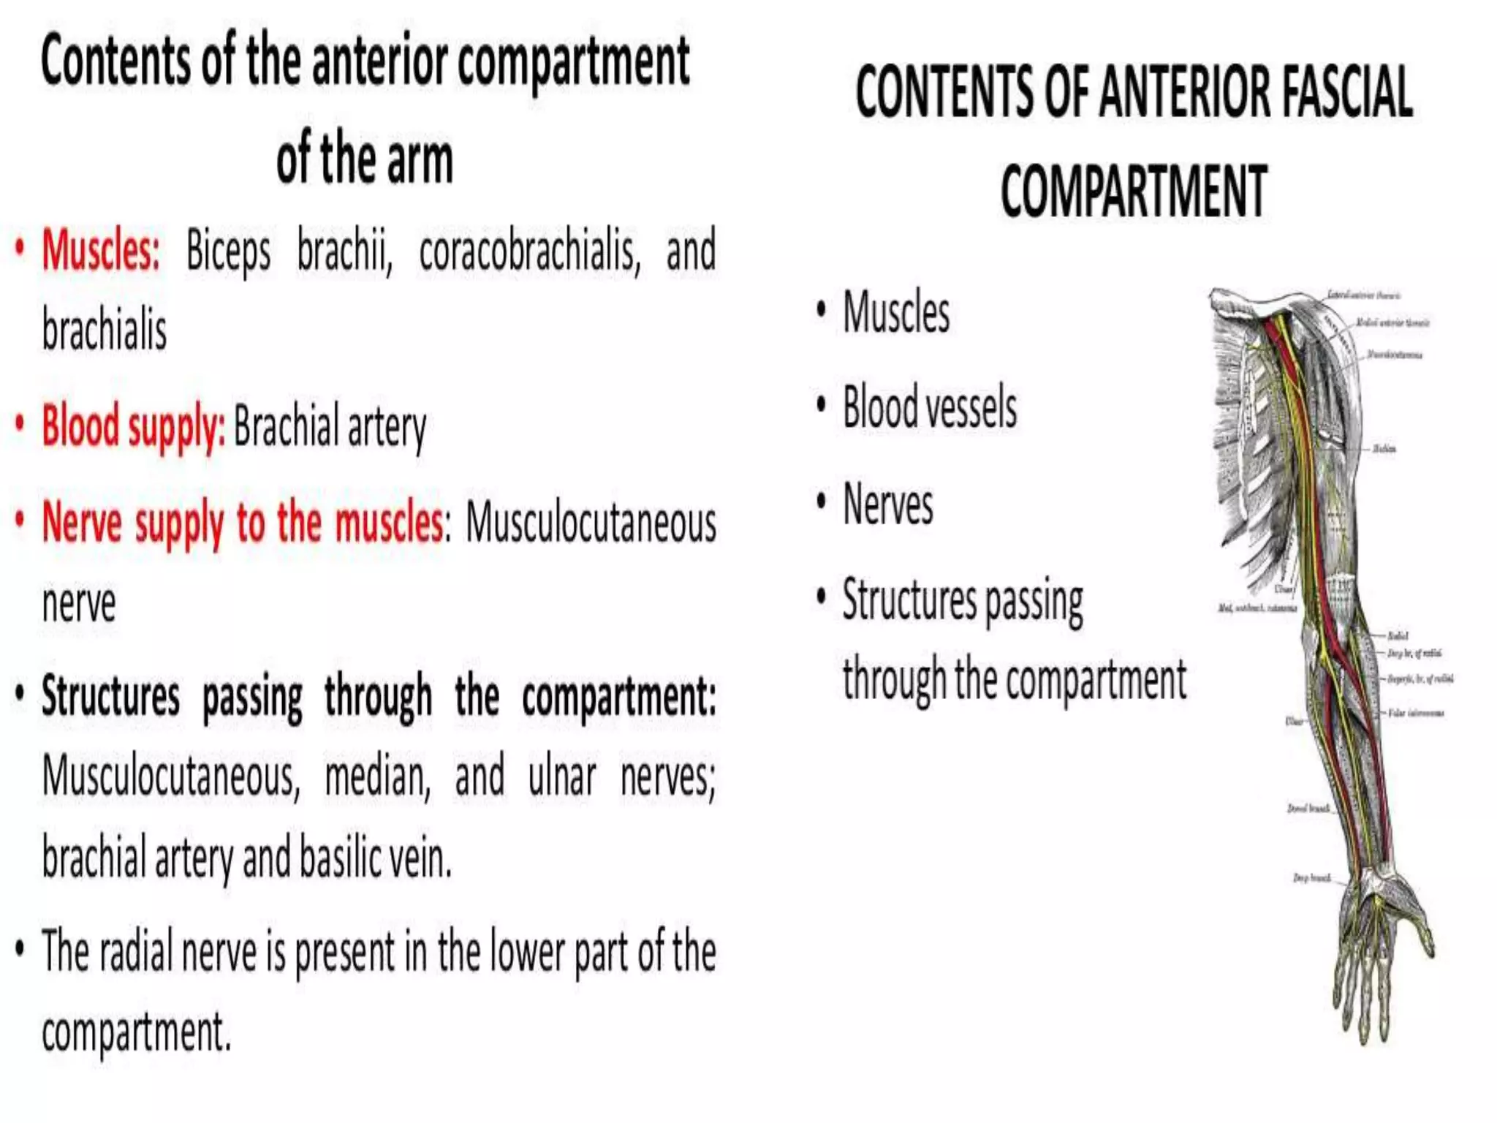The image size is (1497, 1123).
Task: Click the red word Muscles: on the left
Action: point(100,251)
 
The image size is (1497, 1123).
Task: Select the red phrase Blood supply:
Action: point(133,426)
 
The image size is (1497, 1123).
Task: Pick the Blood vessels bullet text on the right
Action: point(929,407)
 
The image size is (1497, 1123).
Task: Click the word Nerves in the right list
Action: point(887,504)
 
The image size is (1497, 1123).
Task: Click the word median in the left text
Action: point(377,776)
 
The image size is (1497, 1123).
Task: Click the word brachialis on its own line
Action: point(105,330)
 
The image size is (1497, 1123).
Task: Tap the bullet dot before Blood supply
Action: point(20,423)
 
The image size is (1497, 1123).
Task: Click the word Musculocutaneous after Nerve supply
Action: point(591,523)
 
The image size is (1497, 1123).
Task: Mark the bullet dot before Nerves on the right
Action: point(822,502)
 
